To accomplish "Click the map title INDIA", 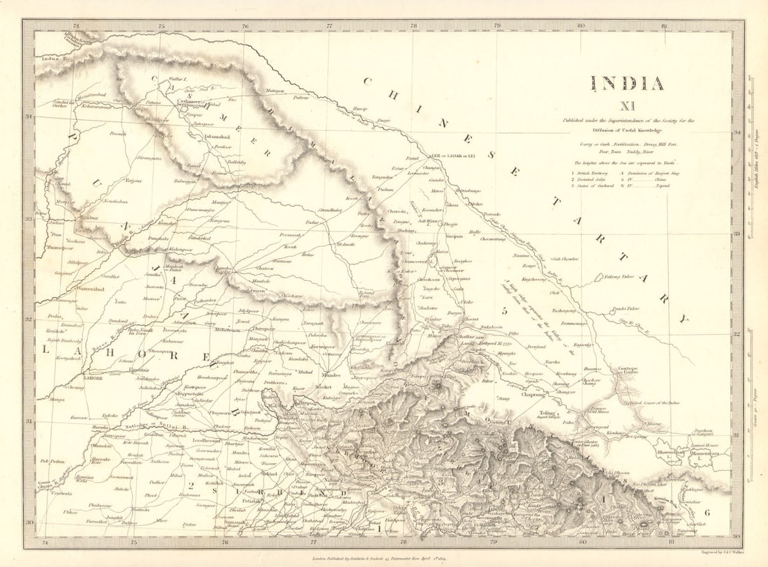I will [x=627, y=84].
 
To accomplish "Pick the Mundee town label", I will [x=331, y=375].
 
